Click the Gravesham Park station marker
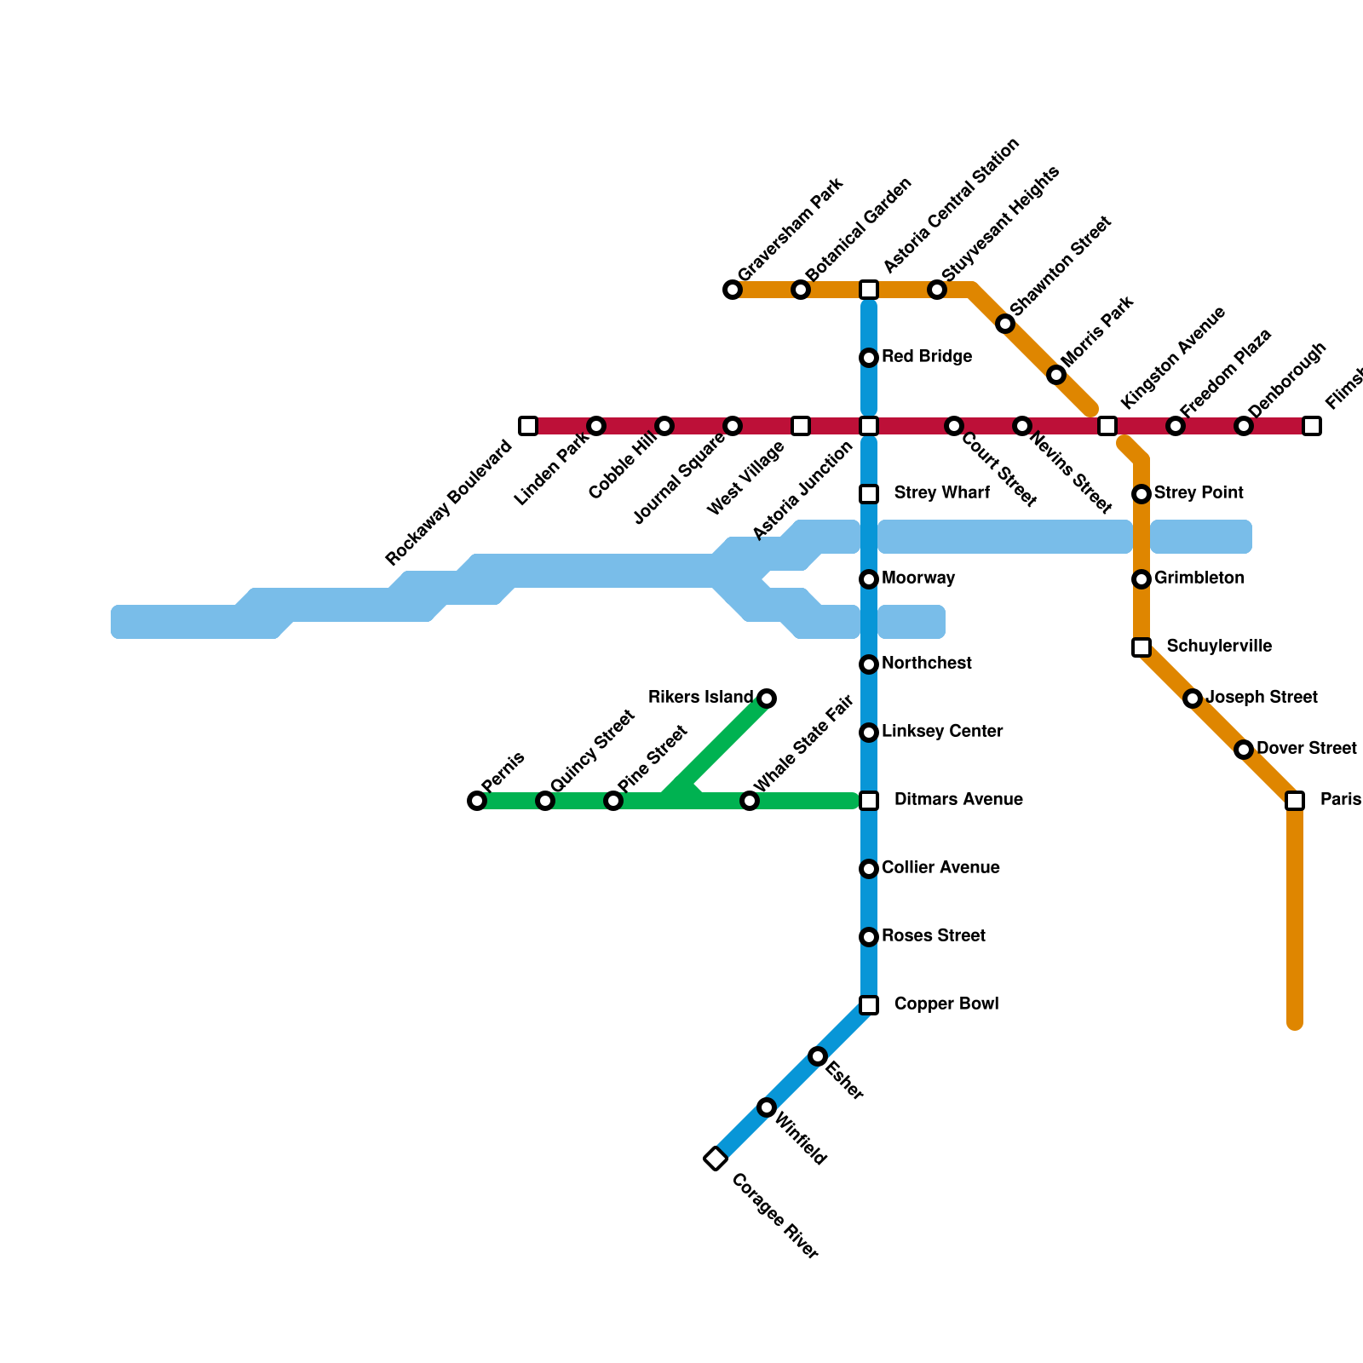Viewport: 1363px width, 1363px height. point(733,290)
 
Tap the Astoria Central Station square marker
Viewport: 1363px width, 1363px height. point(869,290)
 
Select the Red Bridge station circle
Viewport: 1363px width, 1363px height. point(869,358)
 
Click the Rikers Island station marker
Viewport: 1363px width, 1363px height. point(767,699)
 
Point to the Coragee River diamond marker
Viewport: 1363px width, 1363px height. point(716,1159)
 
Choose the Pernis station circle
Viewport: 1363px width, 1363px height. point(477,801)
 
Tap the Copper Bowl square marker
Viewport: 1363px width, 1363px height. point(869,1005)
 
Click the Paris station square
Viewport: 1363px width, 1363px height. point(1295,801)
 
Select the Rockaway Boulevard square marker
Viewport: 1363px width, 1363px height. point(528,426)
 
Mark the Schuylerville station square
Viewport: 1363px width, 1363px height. point(1142,647)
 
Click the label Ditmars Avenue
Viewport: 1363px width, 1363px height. point(958,800)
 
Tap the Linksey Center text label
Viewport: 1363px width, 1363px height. point(942,732)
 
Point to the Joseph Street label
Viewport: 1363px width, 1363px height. point(1262,698)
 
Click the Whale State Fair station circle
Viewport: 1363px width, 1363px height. point(750,801)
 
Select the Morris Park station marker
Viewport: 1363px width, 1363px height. point(1056,375)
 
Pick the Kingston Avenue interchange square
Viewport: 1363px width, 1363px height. point(1107,426)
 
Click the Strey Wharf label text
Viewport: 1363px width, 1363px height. point(941,493)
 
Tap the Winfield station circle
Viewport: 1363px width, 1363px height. point(767,1107)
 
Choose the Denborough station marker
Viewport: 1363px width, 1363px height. point(1244,426)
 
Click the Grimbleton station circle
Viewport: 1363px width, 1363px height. point(1142,579)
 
